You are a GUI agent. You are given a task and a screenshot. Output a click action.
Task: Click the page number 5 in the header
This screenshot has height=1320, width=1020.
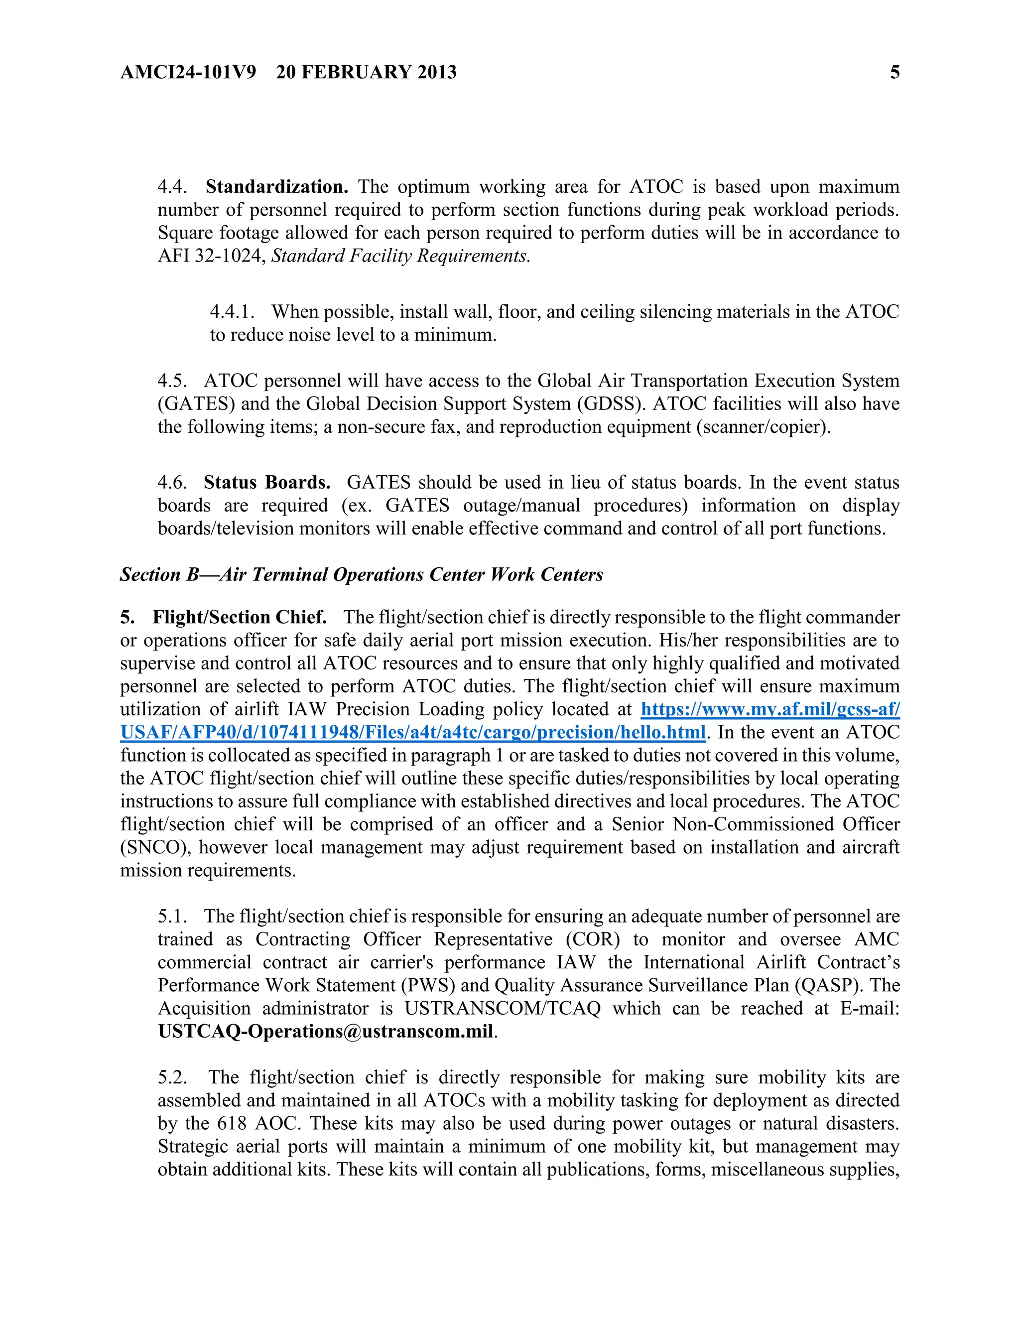(894, 73)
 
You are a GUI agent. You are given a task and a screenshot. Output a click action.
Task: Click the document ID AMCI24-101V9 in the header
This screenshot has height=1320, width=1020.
(188, 73)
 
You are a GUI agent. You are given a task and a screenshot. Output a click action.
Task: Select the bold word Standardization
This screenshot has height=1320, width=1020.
(277, 187)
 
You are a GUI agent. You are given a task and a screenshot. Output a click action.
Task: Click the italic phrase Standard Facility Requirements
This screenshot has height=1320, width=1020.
(400, 256)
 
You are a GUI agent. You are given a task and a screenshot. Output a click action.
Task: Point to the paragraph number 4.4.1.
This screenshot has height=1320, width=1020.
(232, 312)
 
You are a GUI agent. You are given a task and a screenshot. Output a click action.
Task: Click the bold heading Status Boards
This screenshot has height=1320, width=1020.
(266, 482)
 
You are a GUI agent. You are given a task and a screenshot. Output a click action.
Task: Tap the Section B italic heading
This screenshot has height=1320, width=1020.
(362, 574)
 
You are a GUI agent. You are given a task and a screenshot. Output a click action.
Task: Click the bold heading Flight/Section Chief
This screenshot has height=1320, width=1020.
(239, 617)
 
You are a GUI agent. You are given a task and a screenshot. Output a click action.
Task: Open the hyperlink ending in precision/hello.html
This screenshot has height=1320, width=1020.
(413, 733)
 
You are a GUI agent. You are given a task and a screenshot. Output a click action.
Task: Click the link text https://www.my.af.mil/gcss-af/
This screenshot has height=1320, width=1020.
(770, 709)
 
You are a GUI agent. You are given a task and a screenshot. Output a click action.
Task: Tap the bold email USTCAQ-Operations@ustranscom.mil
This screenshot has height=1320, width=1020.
(326, 1031)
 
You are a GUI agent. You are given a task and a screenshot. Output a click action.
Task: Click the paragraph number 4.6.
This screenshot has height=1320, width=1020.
(172, 482)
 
